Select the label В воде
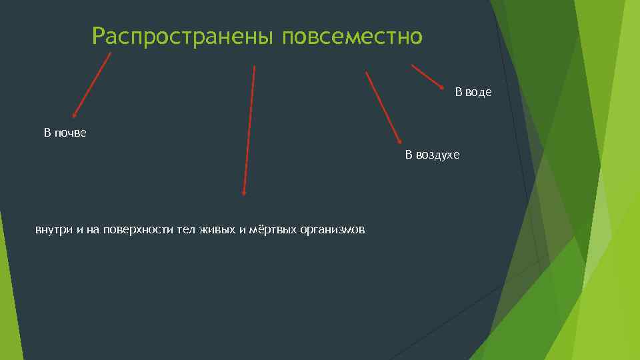click(x=473, y=92)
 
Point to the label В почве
click(x=65, y=133)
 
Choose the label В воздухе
click(x=433, y=155)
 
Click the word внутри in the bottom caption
click(x=54, y=230)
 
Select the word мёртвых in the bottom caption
click(x=267, y=230)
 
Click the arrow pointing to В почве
click(x=92, y=85)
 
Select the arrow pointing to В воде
click(x=427, y=77)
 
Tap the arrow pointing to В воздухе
click(x=383, y=107)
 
